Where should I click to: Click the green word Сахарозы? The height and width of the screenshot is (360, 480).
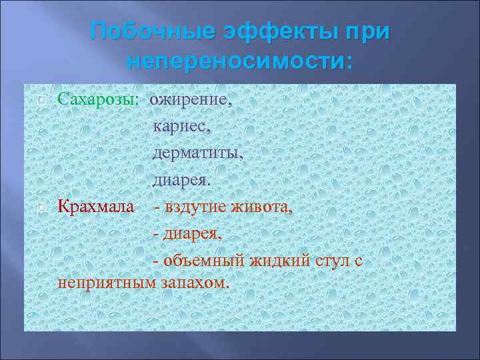[x=98, y=100]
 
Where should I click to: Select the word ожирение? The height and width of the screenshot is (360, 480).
[x=191, y=101]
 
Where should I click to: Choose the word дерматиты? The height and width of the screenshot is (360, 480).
[x=198, y=153]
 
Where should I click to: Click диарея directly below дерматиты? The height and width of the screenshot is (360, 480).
[x=181, y=180]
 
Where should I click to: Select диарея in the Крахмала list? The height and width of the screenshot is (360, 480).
[x=191, y=234]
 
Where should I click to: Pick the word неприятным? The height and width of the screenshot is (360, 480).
[x=106, y=282]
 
